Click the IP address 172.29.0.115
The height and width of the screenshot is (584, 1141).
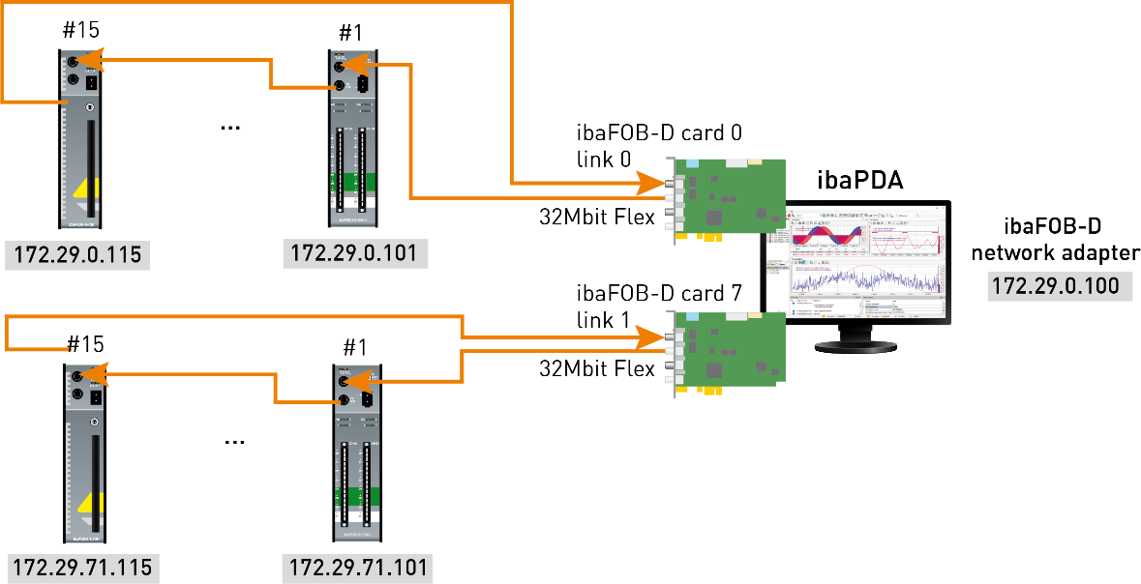[x=74, y=255]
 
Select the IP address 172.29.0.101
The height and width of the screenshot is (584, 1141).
[x=355, y=253]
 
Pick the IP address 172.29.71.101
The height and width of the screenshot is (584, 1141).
[x=355, y=567]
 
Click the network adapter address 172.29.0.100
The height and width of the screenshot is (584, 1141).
[x=1060, y=286]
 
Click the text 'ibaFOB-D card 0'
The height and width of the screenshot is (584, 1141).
[x=659, y=133]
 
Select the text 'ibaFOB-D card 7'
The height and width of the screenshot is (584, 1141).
[x=659, y=293]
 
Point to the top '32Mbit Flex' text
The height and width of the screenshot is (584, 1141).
[x=597, y=217]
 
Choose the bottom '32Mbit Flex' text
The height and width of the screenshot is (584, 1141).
[x=597, y=367]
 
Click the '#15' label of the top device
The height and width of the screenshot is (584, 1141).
[x=80, y=29]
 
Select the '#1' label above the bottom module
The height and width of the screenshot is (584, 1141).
[x=357, y=346]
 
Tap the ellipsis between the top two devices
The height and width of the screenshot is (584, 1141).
[x=230, y=127]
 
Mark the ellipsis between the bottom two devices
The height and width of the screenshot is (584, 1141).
[x=234, y=440]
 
